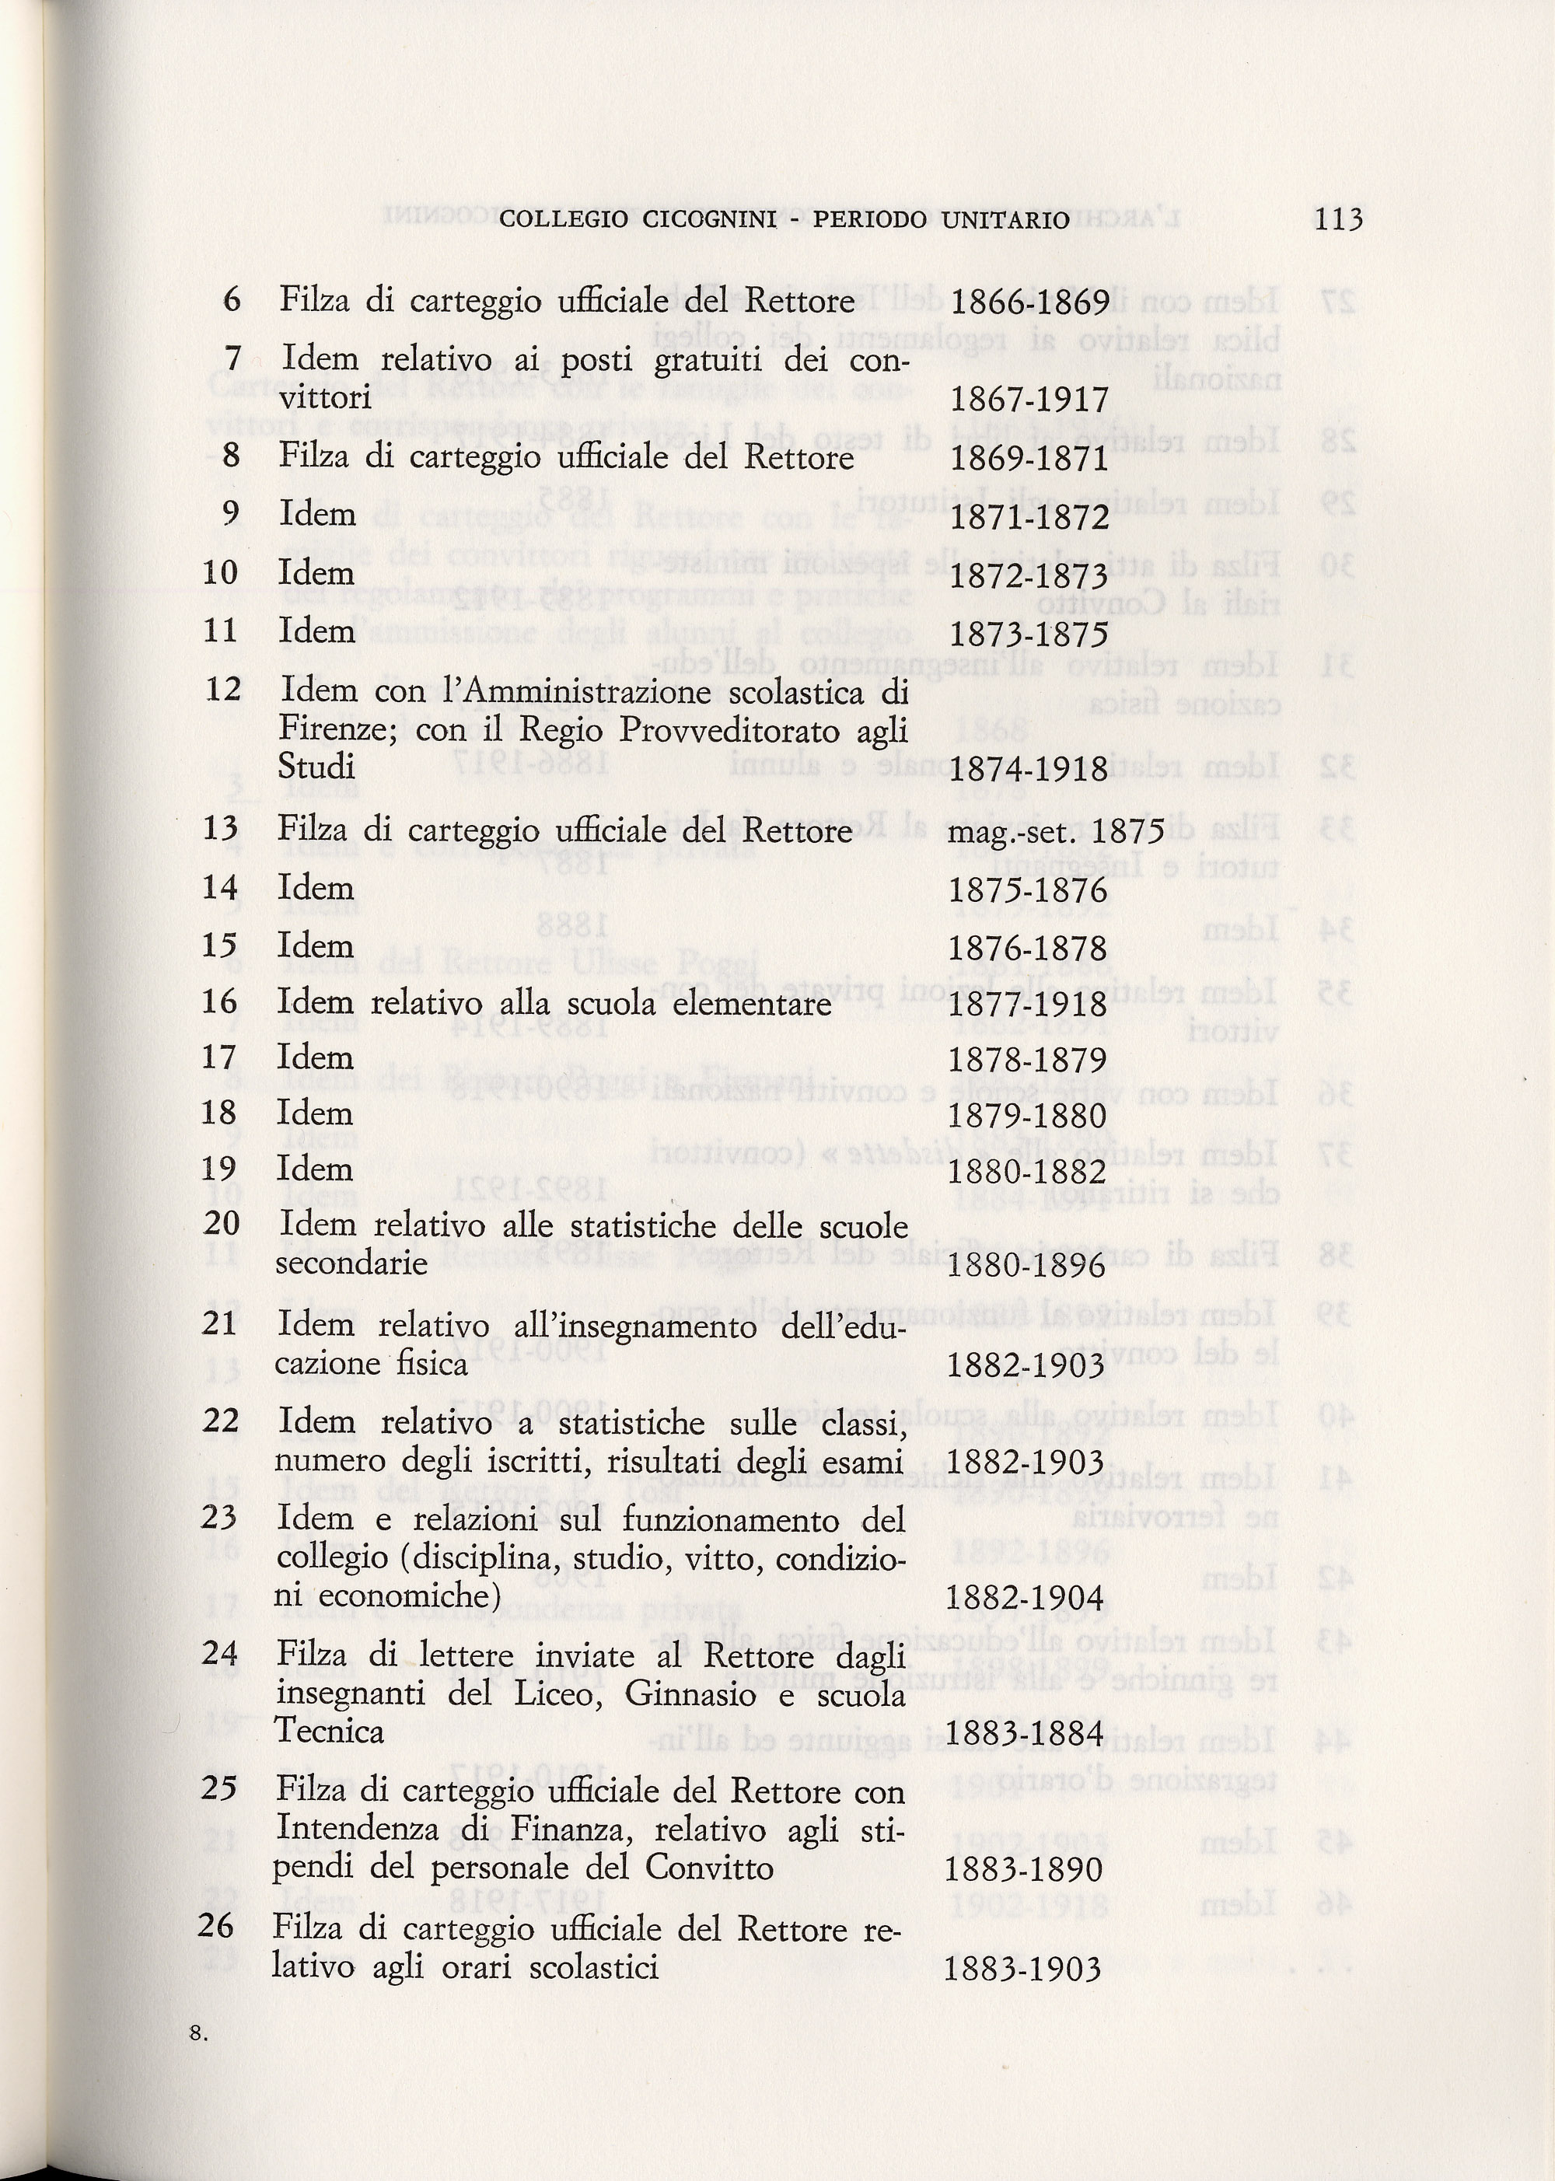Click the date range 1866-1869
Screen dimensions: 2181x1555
tap(1029, 303)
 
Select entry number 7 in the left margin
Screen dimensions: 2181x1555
tap(232, 358)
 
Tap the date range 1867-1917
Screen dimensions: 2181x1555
tap(1029, 399)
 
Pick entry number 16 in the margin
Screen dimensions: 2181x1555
tap(220, 1001)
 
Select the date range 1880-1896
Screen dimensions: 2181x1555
tap(1026, 1267)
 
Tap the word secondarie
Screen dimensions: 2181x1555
tap(351, 1264)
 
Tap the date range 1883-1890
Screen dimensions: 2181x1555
tap(1024, 1870)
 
